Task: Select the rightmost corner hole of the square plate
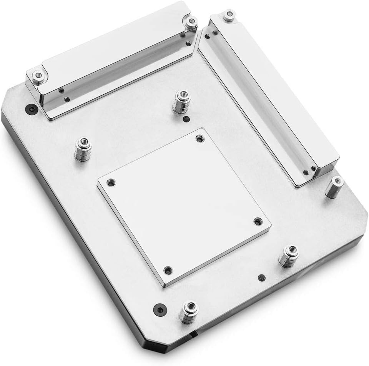point(257,221)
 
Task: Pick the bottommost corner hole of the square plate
point(167,270)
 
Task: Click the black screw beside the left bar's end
point(30,109)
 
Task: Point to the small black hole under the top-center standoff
point(186,118)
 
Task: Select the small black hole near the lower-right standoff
point(261,277)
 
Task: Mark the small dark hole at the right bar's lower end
point(305,172)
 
